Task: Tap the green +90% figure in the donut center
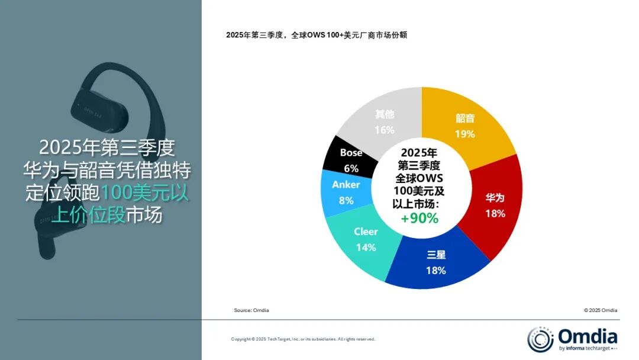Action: (419, 218)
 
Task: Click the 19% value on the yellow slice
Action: (465, 134)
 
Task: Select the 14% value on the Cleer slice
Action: (366, 247)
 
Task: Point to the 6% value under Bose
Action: (351, 168)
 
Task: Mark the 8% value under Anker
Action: (346, 201)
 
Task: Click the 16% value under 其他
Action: (385, 130)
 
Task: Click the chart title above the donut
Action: (316, 35)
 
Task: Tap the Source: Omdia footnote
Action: (251, 310)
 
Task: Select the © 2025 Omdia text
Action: (600, 310)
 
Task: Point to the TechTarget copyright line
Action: (303, 339)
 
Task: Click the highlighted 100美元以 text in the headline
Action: (144, 194)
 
